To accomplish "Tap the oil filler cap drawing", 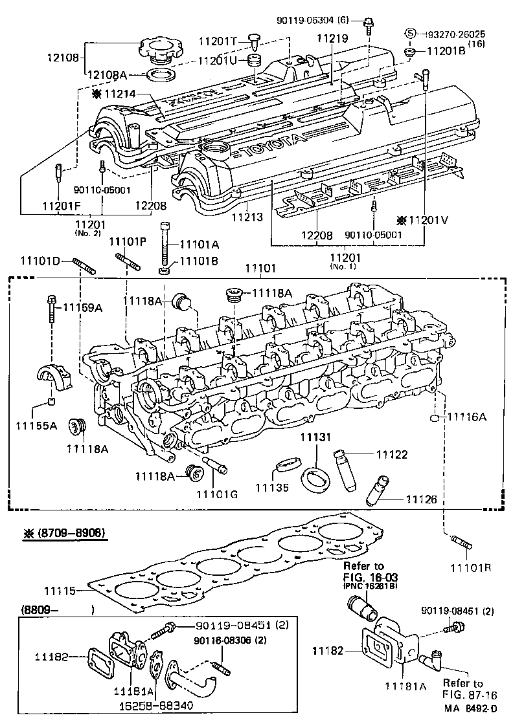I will [157, 49].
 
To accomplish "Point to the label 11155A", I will [36, 425].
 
